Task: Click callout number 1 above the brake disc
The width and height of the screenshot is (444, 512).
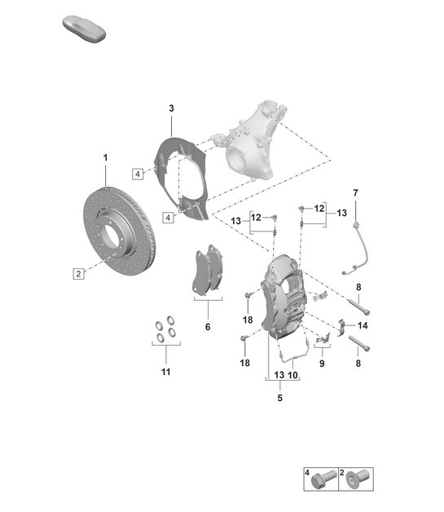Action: [x=105, y=157]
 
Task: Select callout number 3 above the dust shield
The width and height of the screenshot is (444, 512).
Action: [x=172, y=108]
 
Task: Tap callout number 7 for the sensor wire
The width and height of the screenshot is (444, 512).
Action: [x=355, y=192]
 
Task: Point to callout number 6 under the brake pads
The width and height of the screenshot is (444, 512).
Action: [x=208, y=326]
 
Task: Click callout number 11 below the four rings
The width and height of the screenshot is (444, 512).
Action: [x=165, y=373]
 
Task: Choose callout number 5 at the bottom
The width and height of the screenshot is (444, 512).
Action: [x=279, y=399]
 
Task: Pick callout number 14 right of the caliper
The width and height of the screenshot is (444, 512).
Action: [x=363, y=325]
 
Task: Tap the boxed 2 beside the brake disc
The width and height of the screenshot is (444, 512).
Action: [x=78, y=274]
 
